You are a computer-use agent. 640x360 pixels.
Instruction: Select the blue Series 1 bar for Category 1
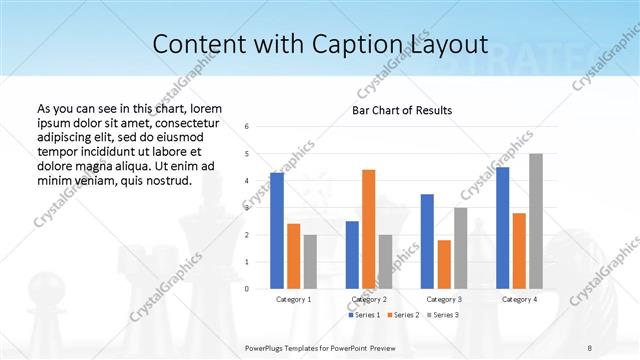277,230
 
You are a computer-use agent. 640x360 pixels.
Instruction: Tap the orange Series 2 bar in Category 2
368,229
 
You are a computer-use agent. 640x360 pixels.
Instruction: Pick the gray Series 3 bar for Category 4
535,221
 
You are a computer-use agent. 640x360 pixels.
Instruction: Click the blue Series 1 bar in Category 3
427,241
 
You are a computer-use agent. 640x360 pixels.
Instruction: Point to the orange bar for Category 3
444,264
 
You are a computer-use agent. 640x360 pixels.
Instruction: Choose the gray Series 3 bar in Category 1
310,261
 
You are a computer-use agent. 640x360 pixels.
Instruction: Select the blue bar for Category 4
502,227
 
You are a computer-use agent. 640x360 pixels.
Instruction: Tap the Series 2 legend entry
401,315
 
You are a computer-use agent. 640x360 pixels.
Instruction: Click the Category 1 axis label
293,299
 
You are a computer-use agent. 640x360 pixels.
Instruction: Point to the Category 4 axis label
519,299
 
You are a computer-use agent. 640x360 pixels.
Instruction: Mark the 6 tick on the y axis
247,127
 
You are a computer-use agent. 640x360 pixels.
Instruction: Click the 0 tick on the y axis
247,289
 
